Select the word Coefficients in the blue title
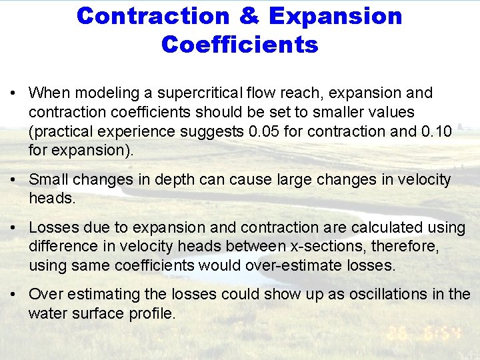pyautogui.click(x=239, y=45)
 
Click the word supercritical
pyautogui.click(x=195, y=93)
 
